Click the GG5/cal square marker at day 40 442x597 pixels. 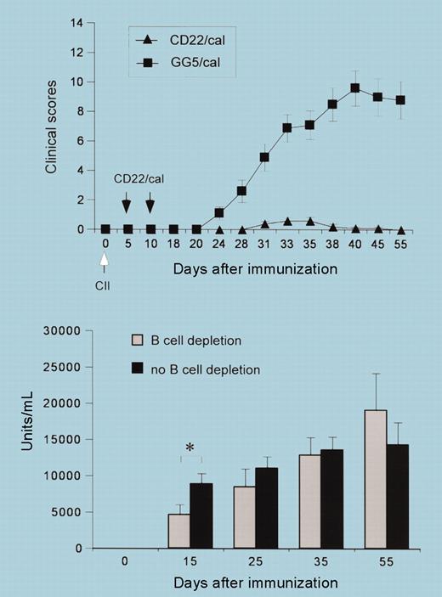point(355,88)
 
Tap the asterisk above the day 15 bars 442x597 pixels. point(193,444)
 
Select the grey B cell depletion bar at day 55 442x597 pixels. point(376,479)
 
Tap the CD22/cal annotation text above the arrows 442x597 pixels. point(138,180)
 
